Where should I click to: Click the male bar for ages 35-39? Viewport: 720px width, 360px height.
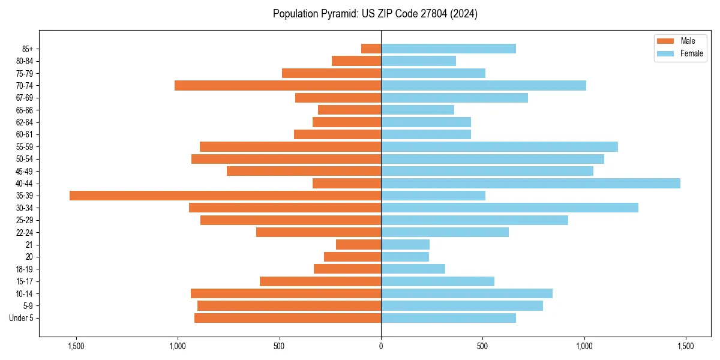click(x=225, y=196)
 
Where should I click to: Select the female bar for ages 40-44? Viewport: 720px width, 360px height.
click(x=530, y=184)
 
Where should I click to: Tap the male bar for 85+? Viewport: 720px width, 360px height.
click(x=371, y=49)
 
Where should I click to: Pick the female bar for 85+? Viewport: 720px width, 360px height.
click(x=448, y=49)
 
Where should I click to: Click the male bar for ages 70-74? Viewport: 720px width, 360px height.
click(x=278, y=86)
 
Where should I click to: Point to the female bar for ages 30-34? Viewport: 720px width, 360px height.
click(x=509, y=208)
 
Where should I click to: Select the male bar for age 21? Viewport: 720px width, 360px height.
click(x=358, y=245)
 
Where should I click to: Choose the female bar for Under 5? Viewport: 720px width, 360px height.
click(x=448, y=318)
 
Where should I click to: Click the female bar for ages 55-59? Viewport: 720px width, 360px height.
click(x=499, y=147)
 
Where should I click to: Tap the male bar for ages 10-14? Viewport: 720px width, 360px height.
click(x=286, y=293)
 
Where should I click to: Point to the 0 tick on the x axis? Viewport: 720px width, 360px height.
click(x=381, y=347)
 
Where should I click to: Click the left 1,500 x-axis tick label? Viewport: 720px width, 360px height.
click(x=76, y=347)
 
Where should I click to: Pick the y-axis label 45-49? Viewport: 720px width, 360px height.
click(x=25, y=172)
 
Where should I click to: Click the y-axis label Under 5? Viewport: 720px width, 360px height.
click(x=22, y=318)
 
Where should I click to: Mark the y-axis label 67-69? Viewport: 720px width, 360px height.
click(x=25, y=98)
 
